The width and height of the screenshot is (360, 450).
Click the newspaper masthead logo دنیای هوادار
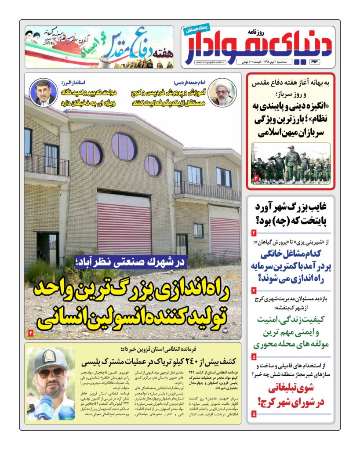259,44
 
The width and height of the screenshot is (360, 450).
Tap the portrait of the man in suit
43,93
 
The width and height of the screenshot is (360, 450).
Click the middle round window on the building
124,147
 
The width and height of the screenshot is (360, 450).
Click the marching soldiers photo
290,163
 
